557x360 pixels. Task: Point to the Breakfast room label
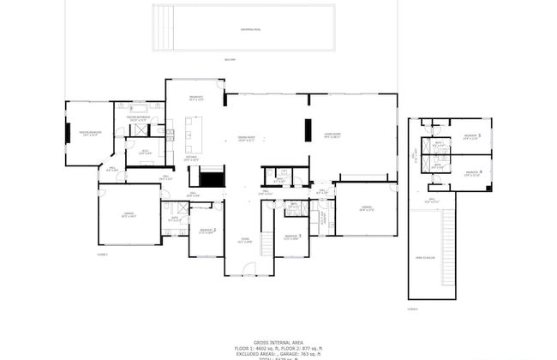click(195, 99)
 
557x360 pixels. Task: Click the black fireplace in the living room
click(308, 129)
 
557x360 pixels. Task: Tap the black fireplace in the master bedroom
click(68, 134)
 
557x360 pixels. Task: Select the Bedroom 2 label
click(207, 230)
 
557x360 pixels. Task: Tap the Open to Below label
click(426, 257)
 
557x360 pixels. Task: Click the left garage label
click(129, 215)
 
